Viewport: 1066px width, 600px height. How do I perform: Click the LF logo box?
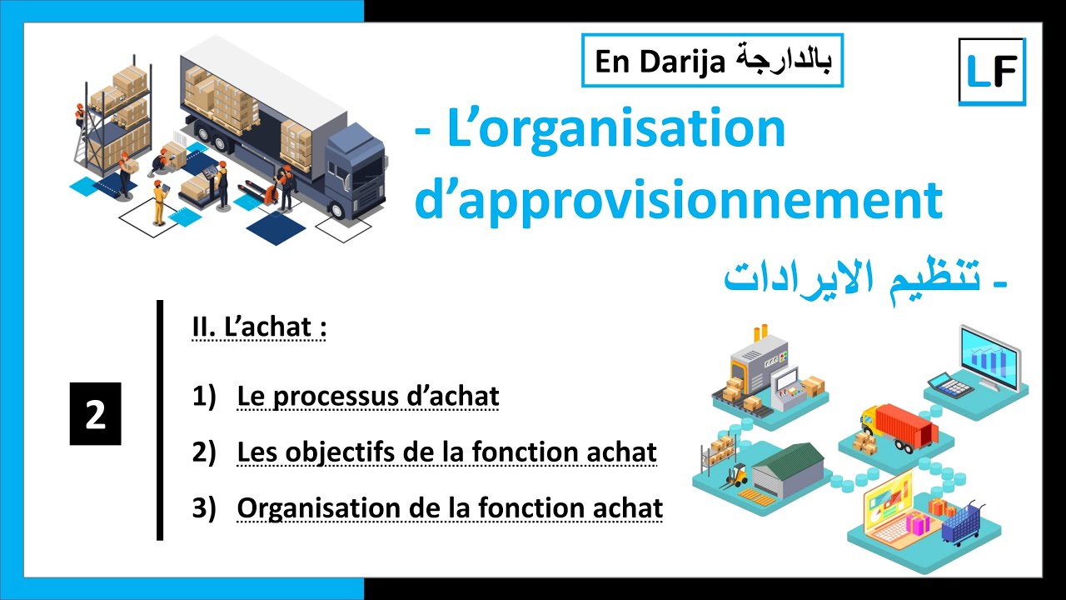(992, 72)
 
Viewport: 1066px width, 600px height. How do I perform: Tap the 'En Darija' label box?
(713, 61)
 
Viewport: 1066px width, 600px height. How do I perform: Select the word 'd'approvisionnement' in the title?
(679, 200)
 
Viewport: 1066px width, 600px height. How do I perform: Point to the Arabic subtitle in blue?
(866, 278)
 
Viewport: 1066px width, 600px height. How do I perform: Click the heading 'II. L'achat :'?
(258, 327)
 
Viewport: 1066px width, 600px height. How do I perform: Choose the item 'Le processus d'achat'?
(367, 397)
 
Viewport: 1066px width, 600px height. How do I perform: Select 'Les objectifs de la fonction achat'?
(446, 452)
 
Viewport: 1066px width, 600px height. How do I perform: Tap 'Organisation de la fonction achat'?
(450, 507)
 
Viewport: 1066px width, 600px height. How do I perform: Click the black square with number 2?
(95, 414)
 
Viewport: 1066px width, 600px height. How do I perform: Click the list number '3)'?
(204, 507)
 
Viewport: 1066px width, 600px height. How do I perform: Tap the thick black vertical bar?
(160, 421)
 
